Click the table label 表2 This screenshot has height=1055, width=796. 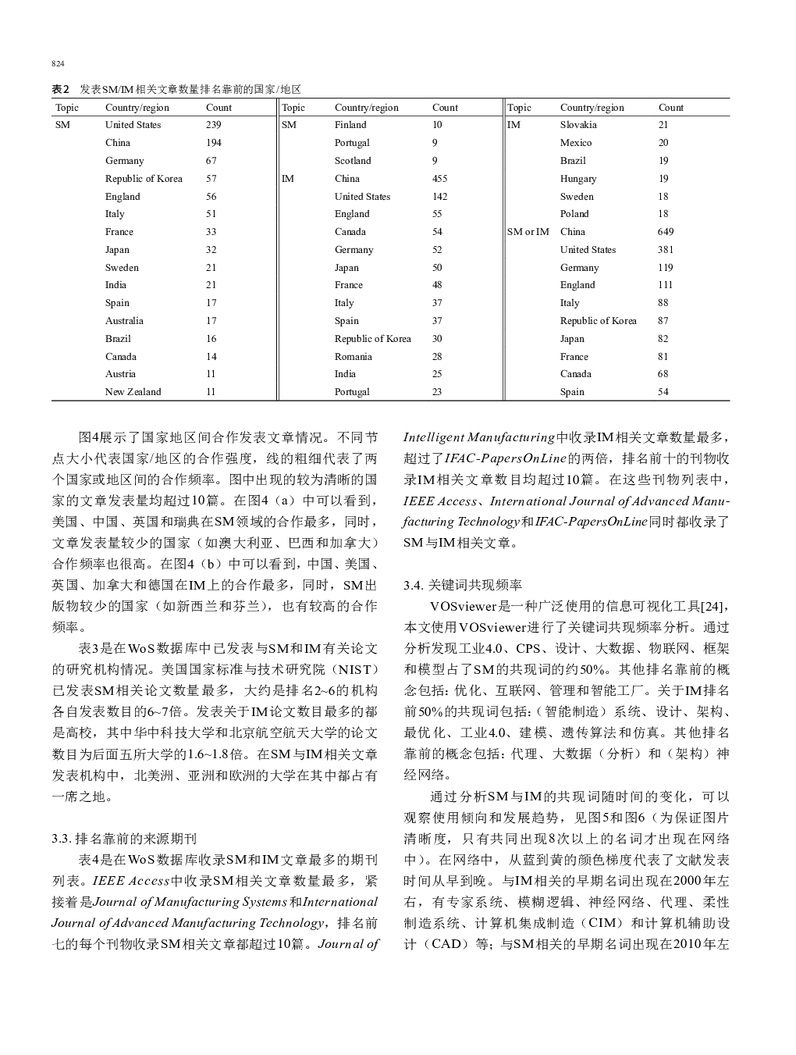click(61, 89)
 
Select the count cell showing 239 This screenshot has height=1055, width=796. click(213, 125)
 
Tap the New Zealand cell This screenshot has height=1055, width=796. click(133, 392)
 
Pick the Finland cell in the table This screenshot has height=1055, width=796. click(350, 125)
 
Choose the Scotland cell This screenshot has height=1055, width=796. click(353, 161)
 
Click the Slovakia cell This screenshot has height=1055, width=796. click(578, 125)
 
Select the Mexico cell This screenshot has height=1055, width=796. click(576, 143)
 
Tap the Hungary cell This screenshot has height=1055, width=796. click(577, 179)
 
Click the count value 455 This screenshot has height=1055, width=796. click(439, 179)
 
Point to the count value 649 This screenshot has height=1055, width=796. click(665, 232)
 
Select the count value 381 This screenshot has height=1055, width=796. click(665, 250)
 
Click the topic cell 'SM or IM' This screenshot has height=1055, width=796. click(528, 232)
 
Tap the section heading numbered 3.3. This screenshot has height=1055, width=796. click(124, 839)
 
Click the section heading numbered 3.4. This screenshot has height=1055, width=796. click(463, 585)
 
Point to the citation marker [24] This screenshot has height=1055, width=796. click(713, 606)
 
